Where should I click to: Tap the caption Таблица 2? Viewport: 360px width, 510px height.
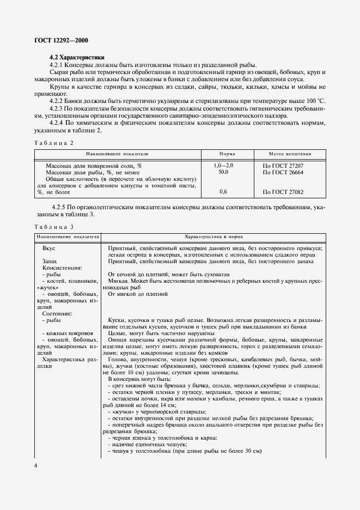pos(53,142)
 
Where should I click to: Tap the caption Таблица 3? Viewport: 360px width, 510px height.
pos(53,226)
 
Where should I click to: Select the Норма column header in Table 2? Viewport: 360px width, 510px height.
pos(227,154)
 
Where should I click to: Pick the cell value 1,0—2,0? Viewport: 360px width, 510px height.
pos(224,165)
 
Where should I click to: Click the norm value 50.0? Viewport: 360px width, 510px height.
pos(223,172)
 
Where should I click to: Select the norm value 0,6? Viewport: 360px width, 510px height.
pos(223,192)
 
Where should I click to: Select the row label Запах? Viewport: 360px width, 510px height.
pos(50,262)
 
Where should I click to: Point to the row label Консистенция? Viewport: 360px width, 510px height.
pos(62,268)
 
